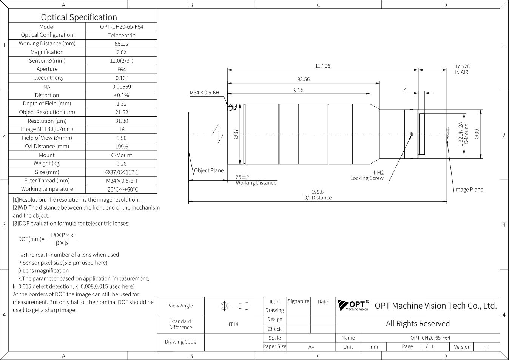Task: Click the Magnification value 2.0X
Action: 122,52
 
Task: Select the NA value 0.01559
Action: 122,87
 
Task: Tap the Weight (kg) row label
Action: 47,164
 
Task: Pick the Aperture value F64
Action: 122,70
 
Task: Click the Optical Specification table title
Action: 79,17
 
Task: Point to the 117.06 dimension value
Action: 322,66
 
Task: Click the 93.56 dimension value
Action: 303,79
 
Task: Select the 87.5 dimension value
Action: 298,90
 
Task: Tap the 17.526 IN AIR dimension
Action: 462,70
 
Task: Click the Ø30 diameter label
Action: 477,134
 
